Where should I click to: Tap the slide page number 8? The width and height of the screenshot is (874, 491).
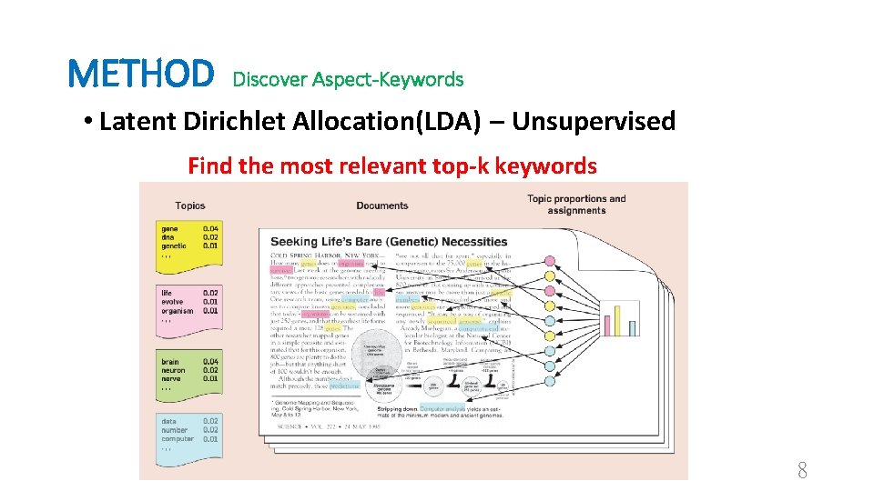click(802, 470)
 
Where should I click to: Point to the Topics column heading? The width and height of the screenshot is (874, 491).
click(190, 205)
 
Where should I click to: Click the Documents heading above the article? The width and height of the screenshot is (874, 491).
click(382, 205)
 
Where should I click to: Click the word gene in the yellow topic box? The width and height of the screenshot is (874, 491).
click(169, 228)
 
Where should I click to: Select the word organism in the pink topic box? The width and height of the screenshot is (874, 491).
click(178, 311)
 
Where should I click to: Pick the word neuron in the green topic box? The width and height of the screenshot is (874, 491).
click(173, 370)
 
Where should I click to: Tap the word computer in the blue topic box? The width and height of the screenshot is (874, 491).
click(178, 438)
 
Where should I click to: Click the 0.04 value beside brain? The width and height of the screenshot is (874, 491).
click(210, 362)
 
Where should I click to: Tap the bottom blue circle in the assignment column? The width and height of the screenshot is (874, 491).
click(549, 379)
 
